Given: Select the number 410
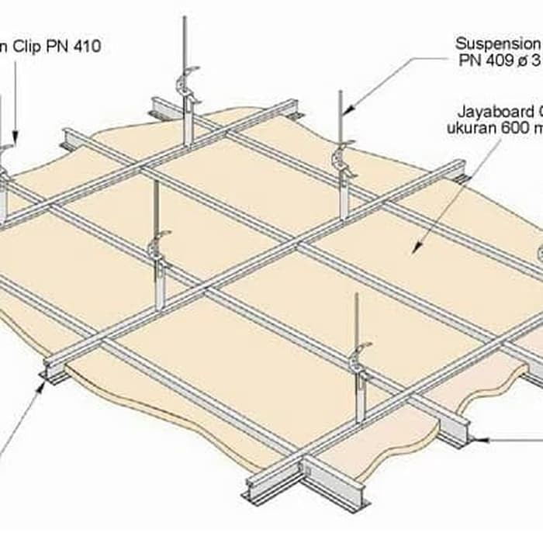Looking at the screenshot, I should click(86, 47).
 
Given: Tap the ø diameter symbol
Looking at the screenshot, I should click(520, 61).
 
